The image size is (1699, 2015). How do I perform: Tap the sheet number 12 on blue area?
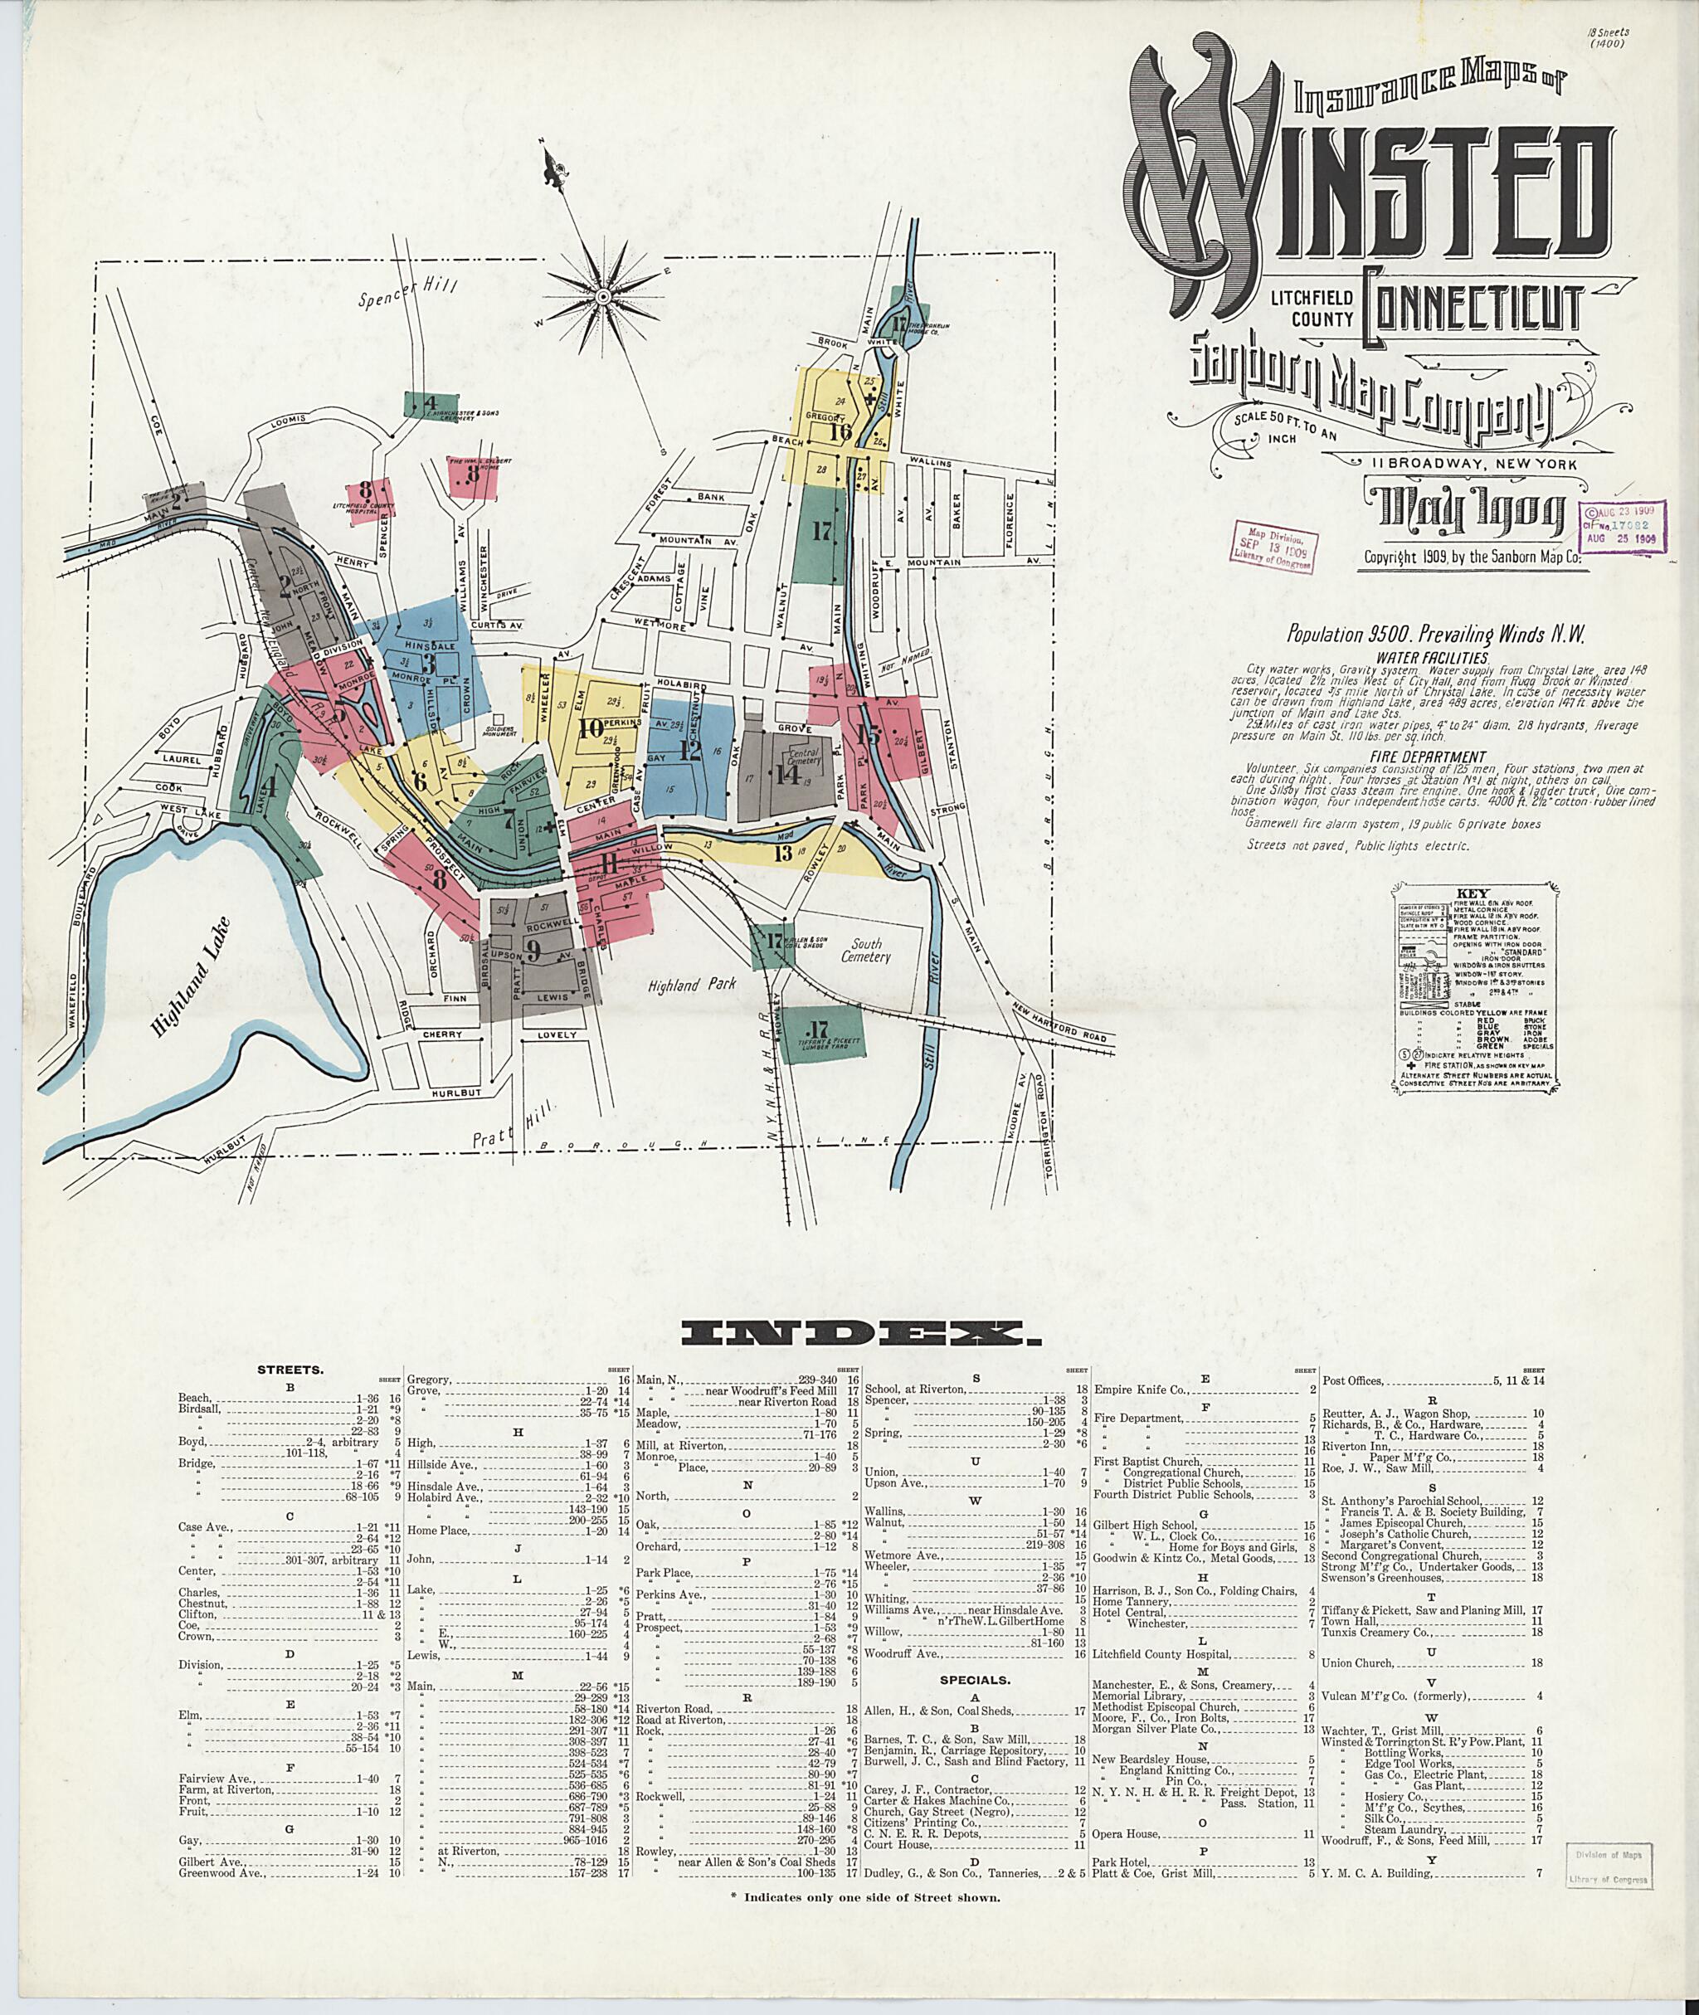point(689,750)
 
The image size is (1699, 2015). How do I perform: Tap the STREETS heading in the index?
point(289,1369)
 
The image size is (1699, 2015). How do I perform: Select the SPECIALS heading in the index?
point(976,1680)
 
